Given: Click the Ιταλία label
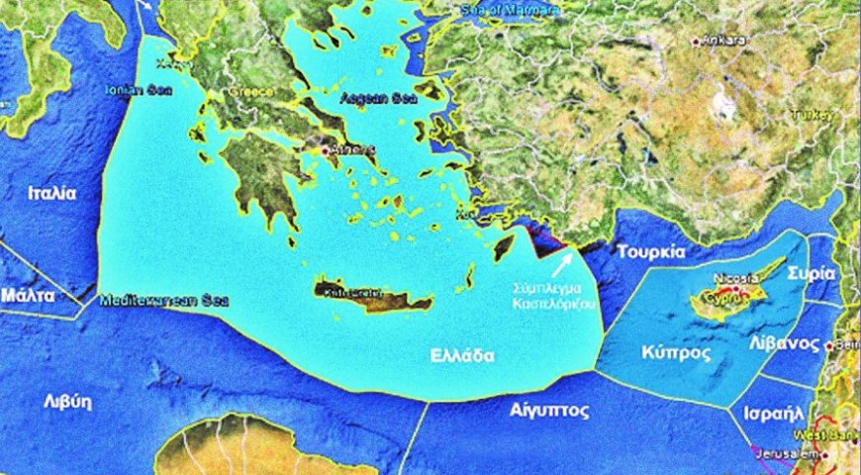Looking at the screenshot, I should pos(51,194).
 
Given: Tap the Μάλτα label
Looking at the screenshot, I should pos(28,295).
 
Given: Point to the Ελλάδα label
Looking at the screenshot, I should pos(461,356).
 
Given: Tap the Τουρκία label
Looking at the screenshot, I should pos(651,251).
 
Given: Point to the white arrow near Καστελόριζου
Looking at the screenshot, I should pos(561,263).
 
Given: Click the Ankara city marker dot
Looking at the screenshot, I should pos(697,41).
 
